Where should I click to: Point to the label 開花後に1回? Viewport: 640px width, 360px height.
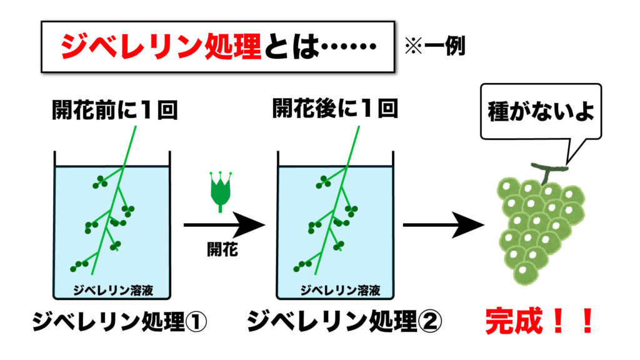[336, 111]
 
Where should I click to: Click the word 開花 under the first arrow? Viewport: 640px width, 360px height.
[222, 249]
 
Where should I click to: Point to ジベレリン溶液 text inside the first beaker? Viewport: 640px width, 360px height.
[112, 289]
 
